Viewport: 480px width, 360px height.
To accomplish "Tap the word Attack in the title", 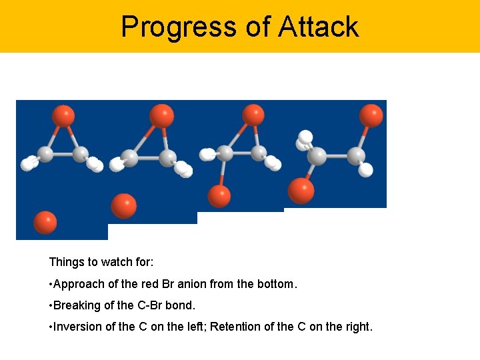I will tap(318, 27).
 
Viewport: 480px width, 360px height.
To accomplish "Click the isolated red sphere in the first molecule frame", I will tap(45, 222).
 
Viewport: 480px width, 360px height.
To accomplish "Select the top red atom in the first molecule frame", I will tap(63, 116).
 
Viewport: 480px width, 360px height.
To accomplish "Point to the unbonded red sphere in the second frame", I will tap(124, 205).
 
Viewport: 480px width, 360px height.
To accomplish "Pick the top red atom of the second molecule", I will tap(161, 115).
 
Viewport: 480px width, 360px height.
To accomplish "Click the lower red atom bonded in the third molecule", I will tap(219, 196).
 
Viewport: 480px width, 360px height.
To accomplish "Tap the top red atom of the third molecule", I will tap(253, 115).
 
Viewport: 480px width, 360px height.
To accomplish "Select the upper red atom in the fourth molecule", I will tap(371, 115).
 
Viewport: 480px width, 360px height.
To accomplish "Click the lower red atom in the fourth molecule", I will tap(301, 191).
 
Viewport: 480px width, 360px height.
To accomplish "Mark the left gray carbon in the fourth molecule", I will tap(317, 157).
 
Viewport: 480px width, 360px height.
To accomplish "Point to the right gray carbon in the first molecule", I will tap(80, 155).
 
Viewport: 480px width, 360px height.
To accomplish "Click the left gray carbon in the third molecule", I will tap(225, 153).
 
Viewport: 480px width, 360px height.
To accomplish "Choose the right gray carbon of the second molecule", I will tap(167, 158).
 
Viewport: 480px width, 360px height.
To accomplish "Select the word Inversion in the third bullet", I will tap(76, 327).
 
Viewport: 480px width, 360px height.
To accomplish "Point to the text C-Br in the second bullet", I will tap(155, 305).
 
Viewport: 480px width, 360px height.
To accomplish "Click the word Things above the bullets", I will tap(65, 262).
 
